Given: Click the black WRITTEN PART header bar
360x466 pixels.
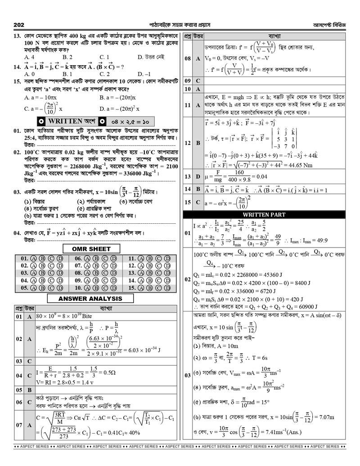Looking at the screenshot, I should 270,214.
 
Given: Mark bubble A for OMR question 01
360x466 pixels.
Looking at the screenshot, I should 33,258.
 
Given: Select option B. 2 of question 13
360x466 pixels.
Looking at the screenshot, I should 68,57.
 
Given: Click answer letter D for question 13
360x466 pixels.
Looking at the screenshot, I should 198,176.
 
